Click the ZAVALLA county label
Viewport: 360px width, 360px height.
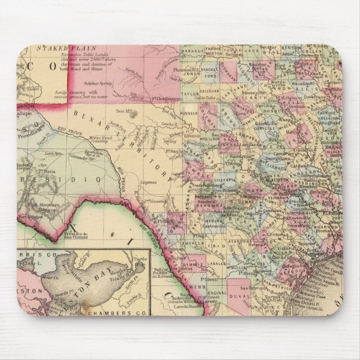(192, 244)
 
